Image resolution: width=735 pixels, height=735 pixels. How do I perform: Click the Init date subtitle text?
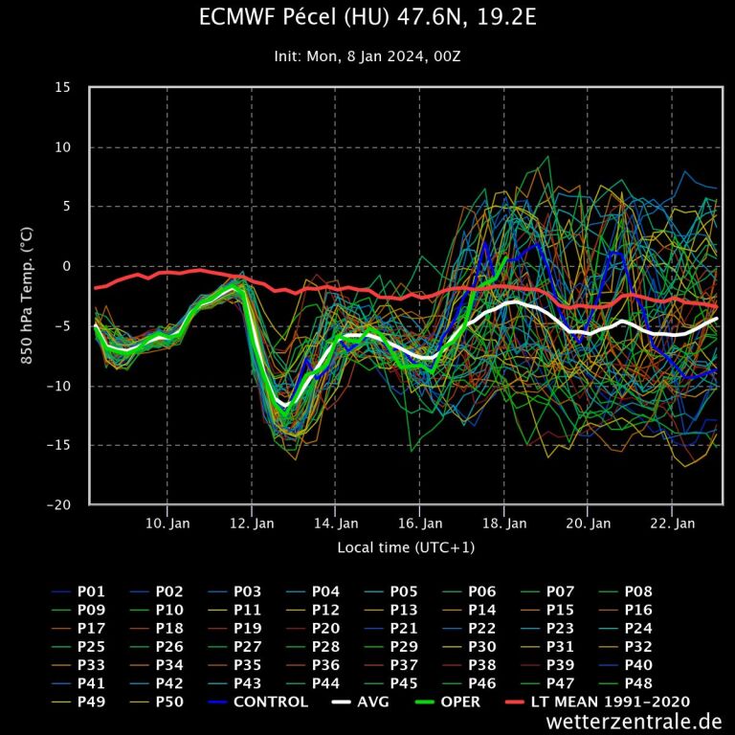click(367, 56)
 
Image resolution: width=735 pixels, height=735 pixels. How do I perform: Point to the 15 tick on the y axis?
click(62, 88)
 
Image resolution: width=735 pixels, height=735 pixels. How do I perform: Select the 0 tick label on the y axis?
click(66, 266)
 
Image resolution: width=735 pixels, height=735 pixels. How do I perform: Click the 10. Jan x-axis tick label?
click(167, 523)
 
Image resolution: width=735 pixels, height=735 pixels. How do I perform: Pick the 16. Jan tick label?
click(419, 523)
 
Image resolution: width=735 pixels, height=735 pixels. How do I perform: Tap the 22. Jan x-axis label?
click(672, 523)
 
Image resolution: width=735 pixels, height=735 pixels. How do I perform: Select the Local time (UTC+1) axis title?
click(406, 547)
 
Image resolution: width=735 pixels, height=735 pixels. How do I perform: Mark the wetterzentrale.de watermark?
click(635, 722)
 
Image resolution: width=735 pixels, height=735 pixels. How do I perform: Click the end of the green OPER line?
click(505, 256)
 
